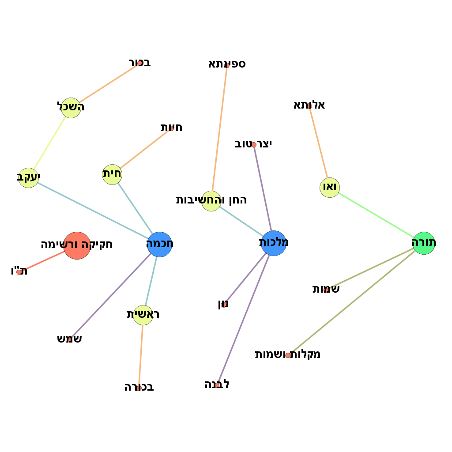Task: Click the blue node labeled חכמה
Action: (159, 244)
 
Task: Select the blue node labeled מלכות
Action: (274, 243)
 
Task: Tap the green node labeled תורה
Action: (424, 243)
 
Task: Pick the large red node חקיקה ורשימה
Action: (77, 245)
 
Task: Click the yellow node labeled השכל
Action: (71, 108)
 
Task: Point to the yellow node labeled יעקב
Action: (29, 178)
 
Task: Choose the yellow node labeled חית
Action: (112, 174)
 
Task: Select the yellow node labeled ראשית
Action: (143, 315)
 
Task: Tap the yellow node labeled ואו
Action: (330, 188)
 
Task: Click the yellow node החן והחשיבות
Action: (211, 201)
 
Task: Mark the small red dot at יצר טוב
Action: (254, 145)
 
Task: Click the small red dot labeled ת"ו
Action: (19, 272)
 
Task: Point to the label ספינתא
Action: (227, 64)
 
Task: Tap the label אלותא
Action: (309, 105)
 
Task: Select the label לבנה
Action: (217, 384)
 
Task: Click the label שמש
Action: (69, 339)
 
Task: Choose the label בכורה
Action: (139, 388)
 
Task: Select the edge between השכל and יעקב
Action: (50, 143)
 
